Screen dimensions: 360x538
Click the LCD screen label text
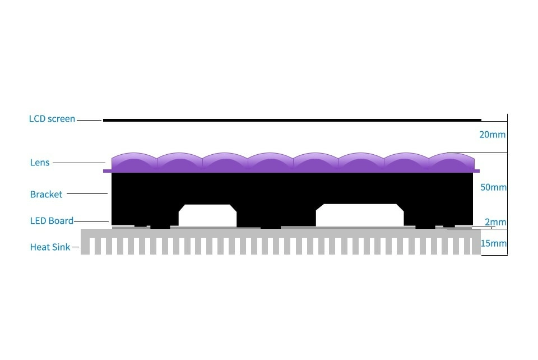pos(52,119)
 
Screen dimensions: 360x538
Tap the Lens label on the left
pos(40,163)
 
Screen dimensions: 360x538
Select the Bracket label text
pos(46,194)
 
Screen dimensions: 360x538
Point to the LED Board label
pos(52,220)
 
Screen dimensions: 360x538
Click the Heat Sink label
pos(50,247)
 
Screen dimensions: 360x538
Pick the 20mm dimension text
pos(492,135)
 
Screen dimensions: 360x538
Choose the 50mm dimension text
pos(493,187)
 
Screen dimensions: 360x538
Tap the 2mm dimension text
pos(495,222)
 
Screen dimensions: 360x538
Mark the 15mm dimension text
pos(493,243)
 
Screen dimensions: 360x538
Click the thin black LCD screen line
pos(291,119)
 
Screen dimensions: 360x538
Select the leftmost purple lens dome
pos(134,161)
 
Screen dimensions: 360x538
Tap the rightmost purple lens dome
pos(452,161)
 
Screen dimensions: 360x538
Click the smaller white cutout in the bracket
pos(207,215)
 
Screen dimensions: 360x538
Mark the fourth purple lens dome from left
pos(271,161)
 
